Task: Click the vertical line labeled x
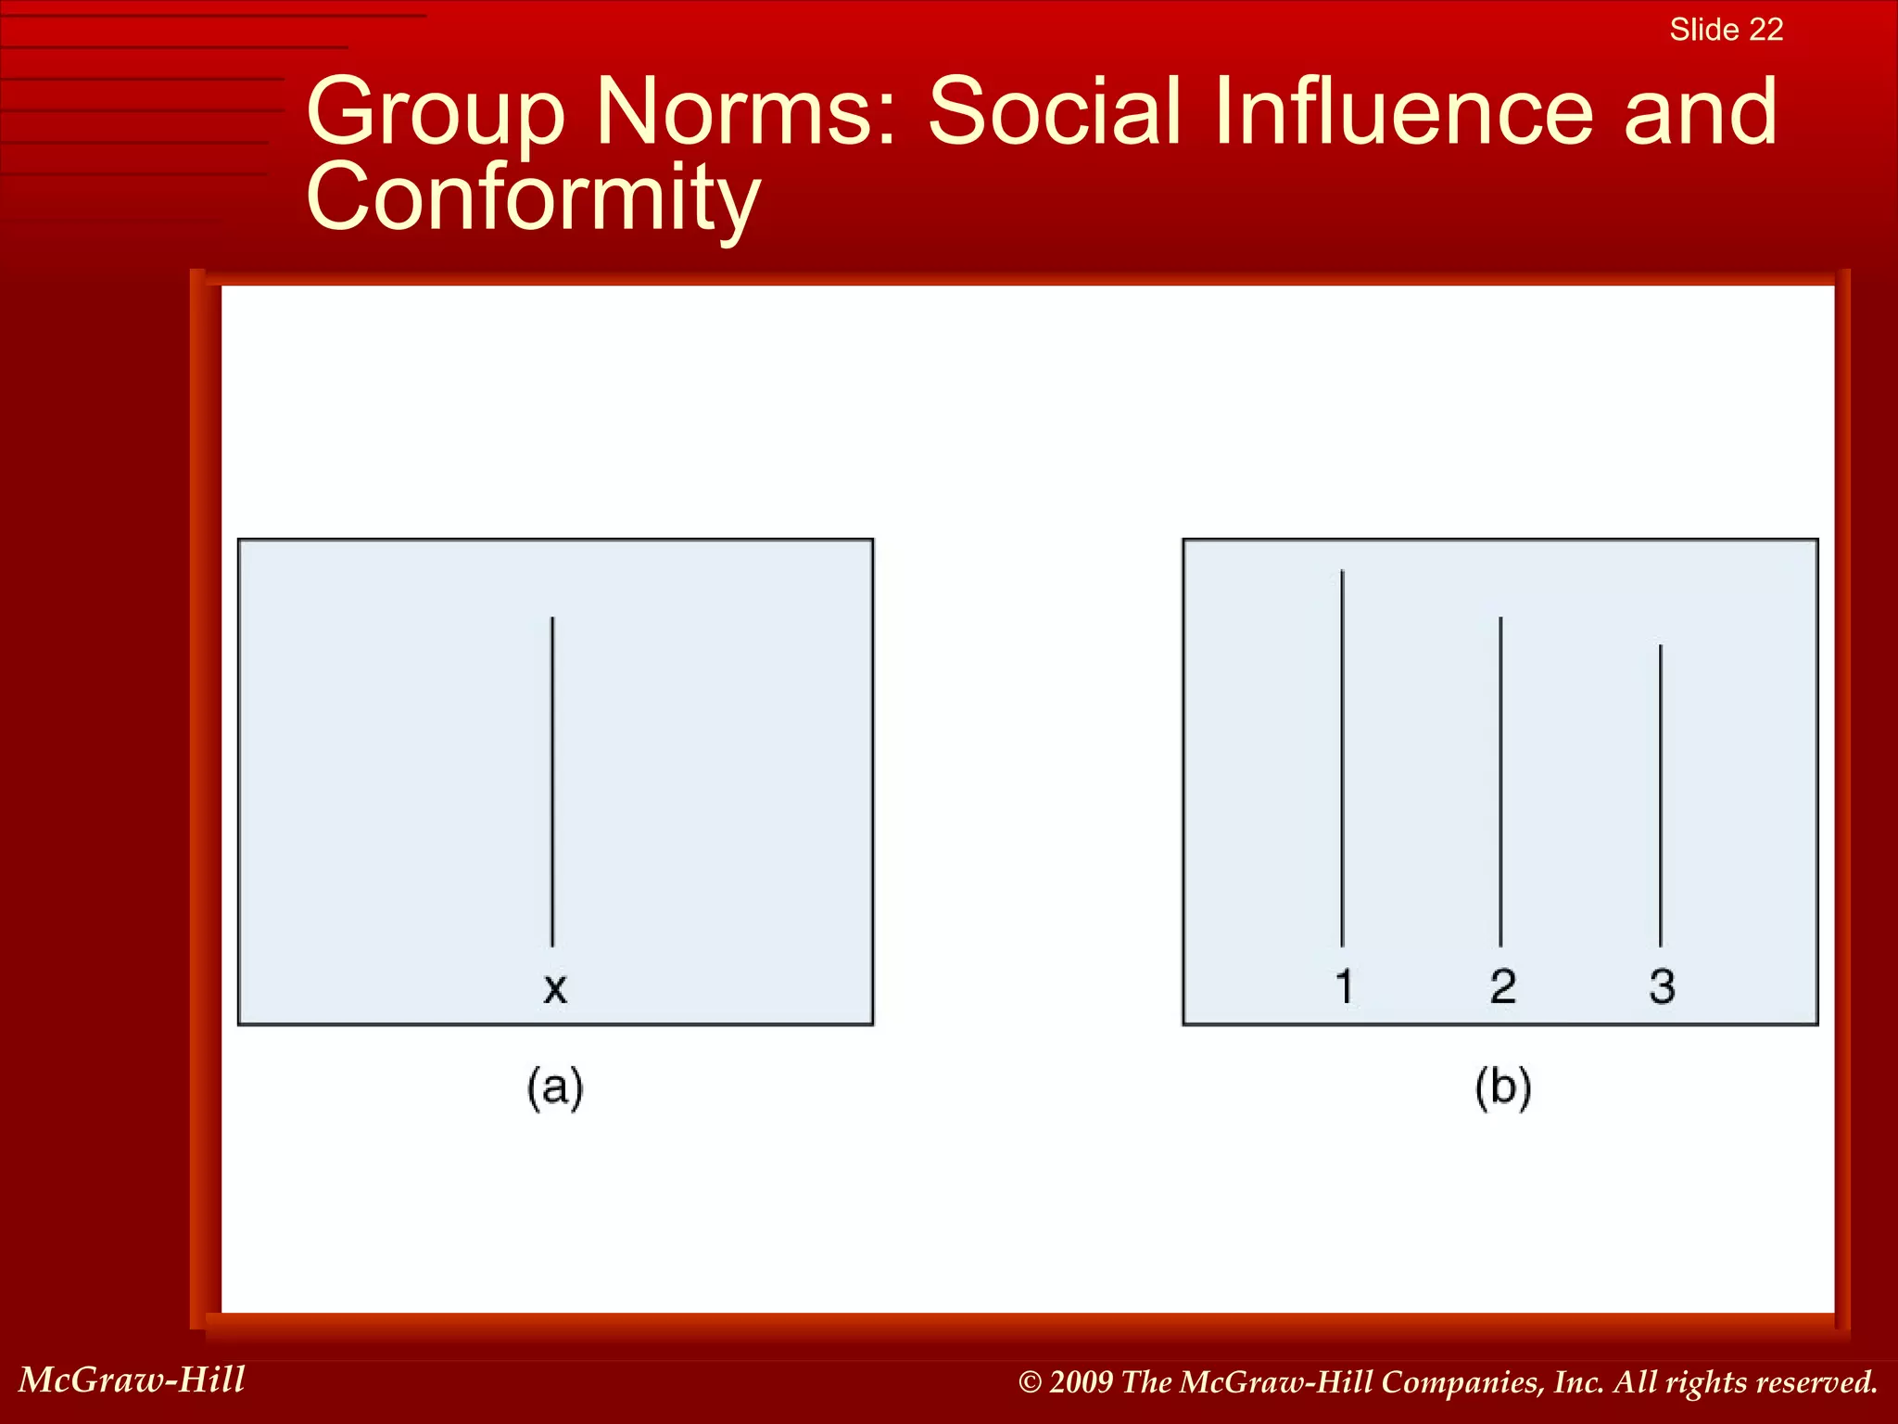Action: [552, 781]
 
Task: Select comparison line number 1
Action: [1342, 757]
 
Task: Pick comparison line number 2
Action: [1500, 781]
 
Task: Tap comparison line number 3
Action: [1660, 795]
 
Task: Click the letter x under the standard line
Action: [554, 988]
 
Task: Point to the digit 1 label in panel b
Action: [1344, 985]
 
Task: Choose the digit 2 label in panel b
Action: [1502, 985]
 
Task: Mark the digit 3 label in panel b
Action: [1662, 985]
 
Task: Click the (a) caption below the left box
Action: [555, 1087]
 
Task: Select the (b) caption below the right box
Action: [1502, 1087]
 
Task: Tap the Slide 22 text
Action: [1726, 30]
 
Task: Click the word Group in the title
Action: [436, 113]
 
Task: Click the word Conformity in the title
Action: [533, 197]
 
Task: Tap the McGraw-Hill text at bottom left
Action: [132, 1379]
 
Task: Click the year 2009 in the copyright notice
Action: [1081, 1382]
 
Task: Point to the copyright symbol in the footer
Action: [1030, 1382]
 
